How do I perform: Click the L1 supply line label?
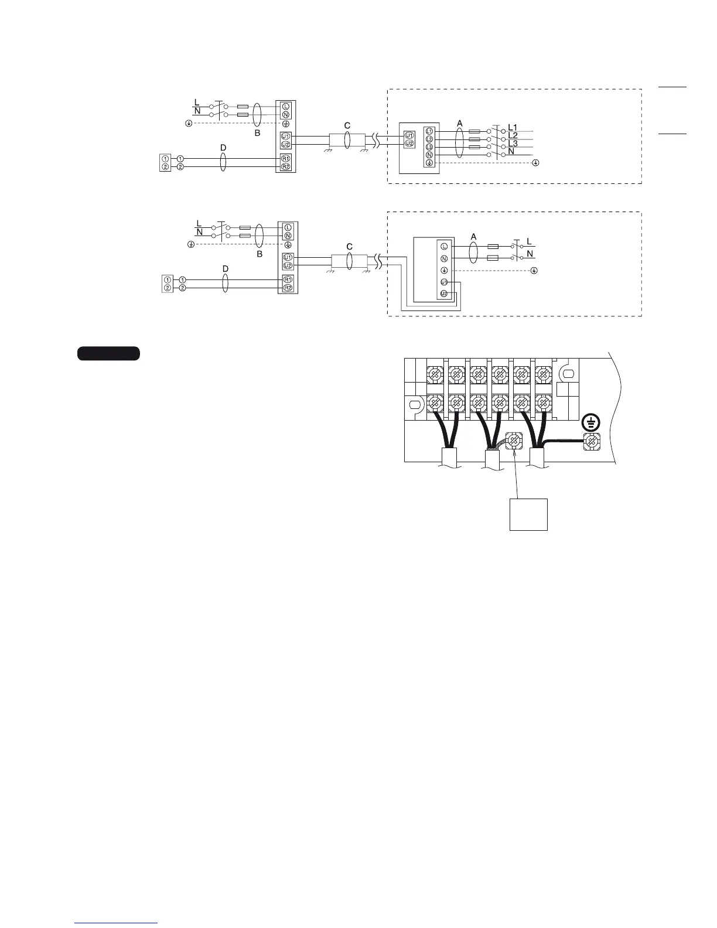click(513, 127)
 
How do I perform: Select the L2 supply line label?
click(513, 135)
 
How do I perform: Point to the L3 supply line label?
click(513, 144)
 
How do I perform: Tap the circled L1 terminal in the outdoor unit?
click(429, 131)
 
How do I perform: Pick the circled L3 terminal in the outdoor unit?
click(429, 147)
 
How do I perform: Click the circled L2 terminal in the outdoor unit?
click(429, 139)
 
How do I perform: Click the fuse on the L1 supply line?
click(475, 132)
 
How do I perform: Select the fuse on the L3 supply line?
click(475, 147)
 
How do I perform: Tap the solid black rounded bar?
click(108, 353)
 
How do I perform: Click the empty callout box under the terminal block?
click(528, 514)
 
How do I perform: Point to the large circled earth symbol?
click(592, 422)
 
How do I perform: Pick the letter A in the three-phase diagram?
click(460, 124)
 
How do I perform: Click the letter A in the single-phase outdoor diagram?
click(474, 237)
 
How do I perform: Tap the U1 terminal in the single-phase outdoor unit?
click(444, 282)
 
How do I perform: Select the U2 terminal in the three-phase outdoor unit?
click(409, 143)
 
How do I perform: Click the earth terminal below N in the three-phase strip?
click(429, 163)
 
